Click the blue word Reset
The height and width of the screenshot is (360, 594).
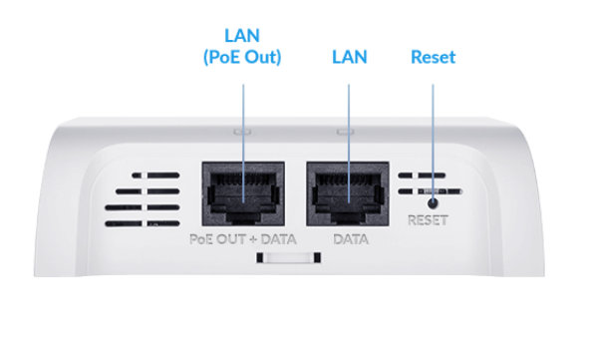point(433,58)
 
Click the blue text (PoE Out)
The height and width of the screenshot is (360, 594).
point(244,58)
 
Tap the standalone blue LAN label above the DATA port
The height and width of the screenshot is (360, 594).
point(349,58)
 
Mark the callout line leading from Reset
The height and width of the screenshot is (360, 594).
point(433,130)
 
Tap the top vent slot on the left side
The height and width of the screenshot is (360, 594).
point(149,176)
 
